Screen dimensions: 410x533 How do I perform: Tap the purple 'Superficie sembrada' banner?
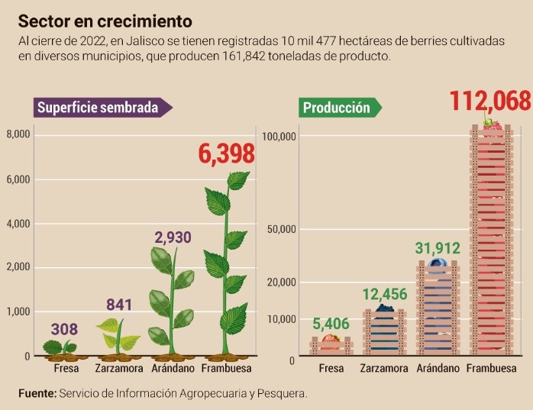tap(98, 108)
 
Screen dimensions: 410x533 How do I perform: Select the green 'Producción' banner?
tap(336, 108)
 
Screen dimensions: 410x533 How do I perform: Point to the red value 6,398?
tap(226, 155)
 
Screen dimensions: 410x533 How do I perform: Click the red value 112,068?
tap(489, 101)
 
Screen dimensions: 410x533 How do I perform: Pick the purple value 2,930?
tap(173, 237)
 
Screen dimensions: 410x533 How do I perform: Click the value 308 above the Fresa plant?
tap(64, 330)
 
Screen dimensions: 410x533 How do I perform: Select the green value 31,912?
tap(438, 248)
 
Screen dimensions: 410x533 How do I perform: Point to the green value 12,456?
tap(384, 295)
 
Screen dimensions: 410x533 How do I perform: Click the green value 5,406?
tap(331, 324)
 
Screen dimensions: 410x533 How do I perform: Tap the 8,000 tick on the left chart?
tap(18, 135)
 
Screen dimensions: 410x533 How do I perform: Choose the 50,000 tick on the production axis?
tap(279, 230)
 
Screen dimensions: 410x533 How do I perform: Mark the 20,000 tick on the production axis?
tap(279, 282)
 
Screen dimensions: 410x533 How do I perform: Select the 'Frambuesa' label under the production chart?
tap(492, 369)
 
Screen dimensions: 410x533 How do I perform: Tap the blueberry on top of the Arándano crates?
tap(438, 265)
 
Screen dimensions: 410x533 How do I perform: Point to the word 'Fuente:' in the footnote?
tap(37, 393)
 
